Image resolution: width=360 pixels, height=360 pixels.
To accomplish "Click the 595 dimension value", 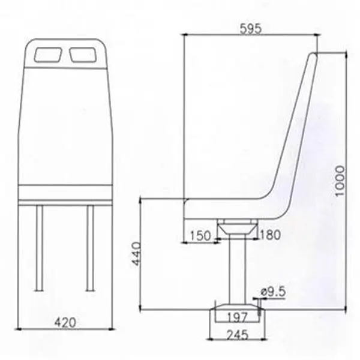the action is coord(250,29).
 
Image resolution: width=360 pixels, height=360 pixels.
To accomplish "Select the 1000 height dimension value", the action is coord(340,181).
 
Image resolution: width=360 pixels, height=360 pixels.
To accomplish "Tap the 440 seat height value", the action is coord(137,254).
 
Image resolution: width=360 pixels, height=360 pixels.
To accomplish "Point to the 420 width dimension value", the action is coord(65,322).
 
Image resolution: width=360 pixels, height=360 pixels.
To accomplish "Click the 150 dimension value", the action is coord(200,236).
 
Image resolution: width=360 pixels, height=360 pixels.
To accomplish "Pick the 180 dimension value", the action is coord(270,235).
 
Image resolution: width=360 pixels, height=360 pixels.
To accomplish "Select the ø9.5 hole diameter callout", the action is coord(274,292).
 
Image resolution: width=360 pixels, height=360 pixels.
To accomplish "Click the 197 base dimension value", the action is coord(238,317).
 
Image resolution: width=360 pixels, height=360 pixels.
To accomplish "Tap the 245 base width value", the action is coord(238,335).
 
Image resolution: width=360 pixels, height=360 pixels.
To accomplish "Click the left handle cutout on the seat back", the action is coord(48,55).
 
